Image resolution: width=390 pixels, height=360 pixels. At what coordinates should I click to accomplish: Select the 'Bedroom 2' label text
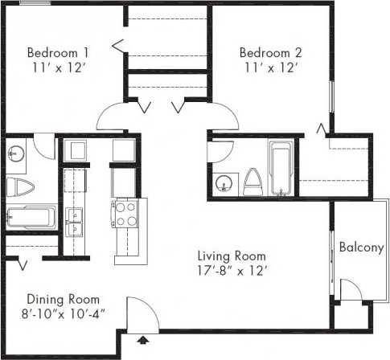point(271,53)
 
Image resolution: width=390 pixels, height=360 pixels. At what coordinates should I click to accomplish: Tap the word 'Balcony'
point(360,247)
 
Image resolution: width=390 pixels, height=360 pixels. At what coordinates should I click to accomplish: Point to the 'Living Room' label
point(232,256)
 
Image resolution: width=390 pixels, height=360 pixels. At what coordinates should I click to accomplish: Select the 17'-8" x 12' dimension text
point(232,271)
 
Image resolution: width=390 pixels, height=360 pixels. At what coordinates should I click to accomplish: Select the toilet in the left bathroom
point(18,188)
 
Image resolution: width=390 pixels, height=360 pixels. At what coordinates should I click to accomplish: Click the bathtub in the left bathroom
point(30,217)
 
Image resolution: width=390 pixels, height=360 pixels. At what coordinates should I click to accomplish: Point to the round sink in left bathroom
point(17,151)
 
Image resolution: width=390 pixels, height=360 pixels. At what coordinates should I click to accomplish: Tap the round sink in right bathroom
point(223,183)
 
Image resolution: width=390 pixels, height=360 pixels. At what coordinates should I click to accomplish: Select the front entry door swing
point(138,312)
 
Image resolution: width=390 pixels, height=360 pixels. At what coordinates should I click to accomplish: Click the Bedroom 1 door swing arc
point(110,118)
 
